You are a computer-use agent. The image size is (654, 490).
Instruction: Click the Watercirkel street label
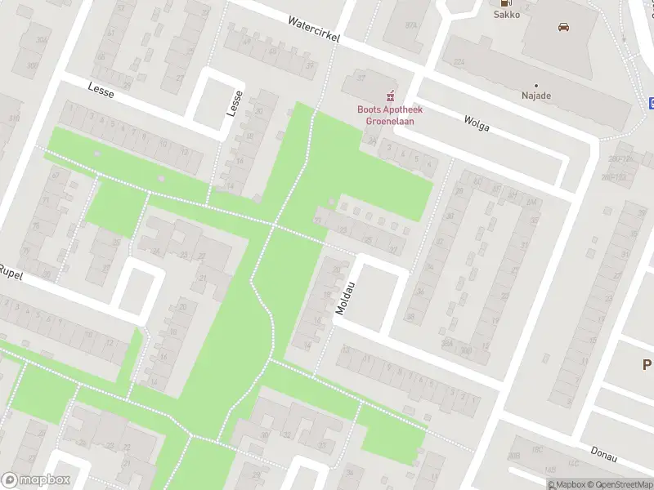[313, 30]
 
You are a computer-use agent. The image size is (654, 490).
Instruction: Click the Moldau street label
[343, 299]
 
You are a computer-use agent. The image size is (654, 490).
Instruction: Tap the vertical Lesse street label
[235, 103]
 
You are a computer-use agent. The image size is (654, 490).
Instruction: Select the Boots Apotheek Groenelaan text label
[385, 115]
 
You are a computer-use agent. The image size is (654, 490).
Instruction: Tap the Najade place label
[536, 96]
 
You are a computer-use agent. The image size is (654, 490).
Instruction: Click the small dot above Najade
[536, 85]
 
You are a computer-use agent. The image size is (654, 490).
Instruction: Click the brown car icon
[563, 26]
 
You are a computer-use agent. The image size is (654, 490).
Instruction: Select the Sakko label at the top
[506, 14]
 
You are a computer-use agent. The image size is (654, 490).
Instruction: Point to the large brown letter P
[647, 365]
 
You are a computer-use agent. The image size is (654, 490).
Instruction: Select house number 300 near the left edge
[33, 65]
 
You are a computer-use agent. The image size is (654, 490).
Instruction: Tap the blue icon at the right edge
[652, 102]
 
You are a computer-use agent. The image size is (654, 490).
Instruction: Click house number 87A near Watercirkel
[411, 24]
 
